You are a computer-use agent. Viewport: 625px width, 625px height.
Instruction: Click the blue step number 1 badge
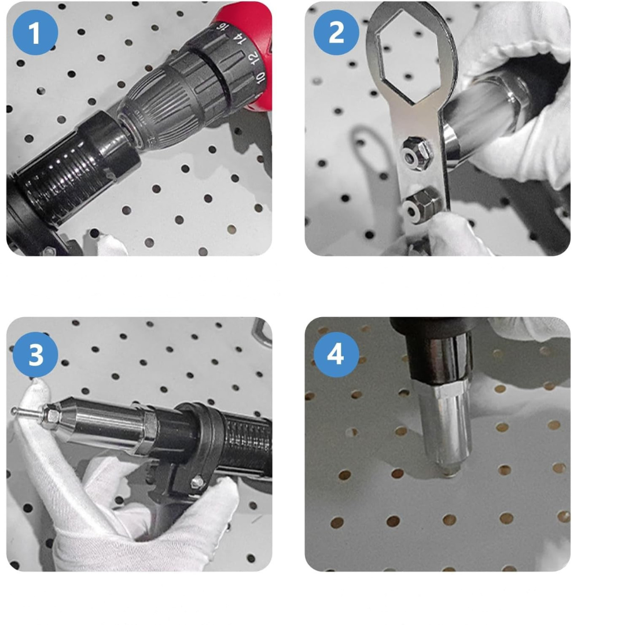[35, 32]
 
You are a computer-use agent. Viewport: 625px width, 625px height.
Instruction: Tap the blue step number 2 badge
[336, 32]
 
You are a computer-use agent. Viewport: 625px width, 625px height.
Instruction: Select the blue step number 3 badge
[35, 354]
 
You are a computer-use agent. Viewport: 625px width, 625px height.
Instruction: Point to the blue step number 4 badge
[336, 354]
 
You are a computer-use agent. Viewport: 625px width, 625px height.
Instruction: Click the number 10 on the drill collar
[260, 78]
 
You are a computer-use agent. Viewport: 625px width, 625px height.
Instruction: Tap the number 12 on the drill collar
[253, 58]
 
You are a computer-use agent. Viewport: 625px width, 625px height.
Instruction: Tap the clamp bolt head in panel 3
[197, 483]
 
